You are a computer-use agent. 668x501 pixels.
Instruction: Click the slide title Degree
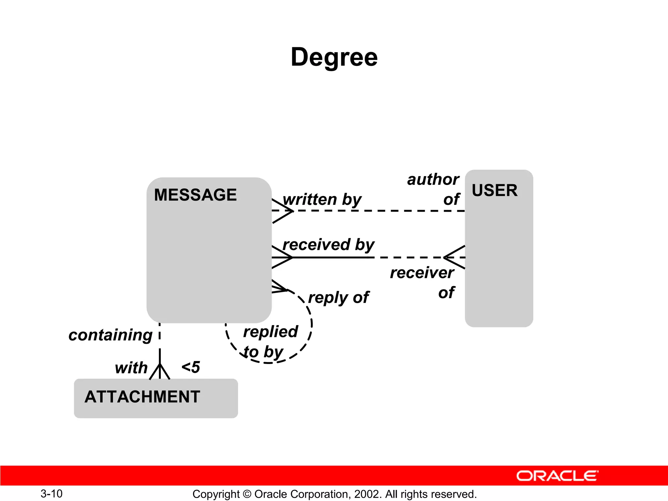pos(334,57)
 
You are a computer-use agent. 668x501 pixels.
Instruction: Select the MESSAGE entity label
pos(195,195)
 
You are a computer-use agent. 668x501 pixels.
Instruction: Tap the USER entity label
pos(494,190)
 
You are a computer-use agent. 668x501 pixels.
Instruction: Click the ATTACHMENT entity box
pos(156,398)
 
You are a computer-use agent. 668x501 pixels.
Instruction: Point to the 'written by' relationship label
pos(322,200)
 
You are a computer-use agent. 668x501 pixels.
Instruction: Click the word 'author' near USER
pos(433,179)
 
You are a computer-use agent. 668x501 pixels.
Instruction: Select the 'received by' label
pos(328,245)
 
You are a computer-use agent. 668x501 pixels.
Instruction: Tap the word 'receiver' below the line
pos(422,273)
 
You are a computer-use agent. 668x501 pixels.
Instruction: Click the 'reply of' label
pos(338,297)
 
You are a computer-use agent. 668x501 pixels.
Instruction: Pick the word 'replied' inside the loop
pos(270,332)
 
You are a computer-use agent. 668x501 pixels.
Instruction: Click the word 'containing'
pos(110,335)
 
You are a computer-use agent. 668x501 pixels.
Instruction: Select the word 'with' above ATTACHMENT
pos(131,368)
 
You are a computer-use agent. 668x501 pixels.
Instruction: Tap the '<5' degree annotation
pos(191,367)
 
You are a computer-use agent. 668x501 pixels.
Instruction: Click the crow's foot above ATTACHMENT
pos(159,372)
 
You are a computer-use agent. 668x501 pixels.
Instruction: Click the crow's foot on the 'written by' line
pos(282,211)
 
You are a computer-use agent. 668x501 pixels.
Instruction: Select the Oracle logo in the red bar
pos(557,476)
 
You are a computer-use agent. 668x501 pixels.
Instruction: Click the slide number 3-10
pos(52,493)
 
